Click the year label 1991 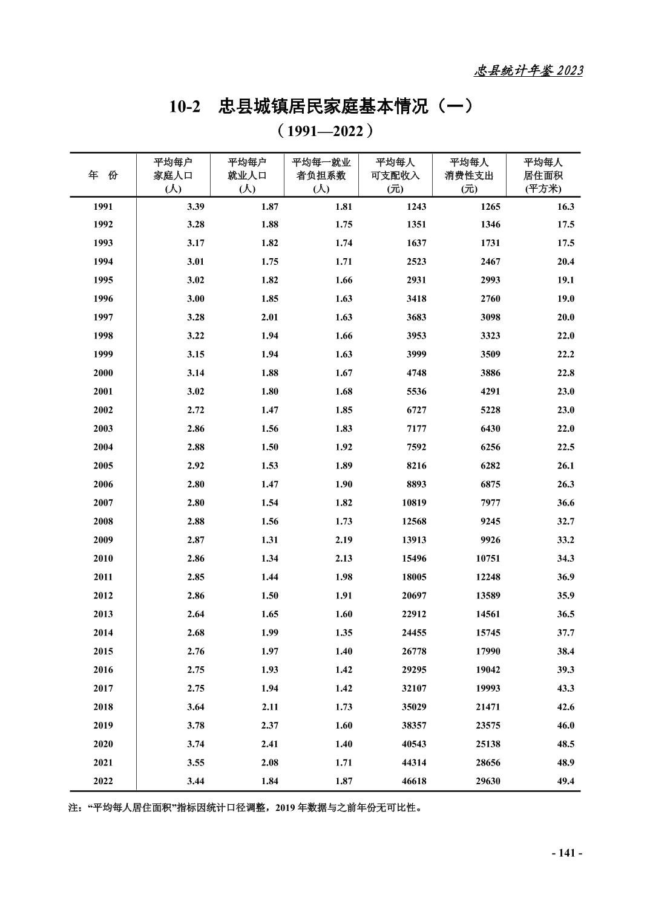[103, 206]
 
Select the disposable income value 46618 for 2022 [414, 781]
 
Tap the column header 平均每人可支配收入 [395, 175]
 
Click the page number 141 [566, 853]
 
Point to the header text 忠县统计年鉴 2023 [528, 71]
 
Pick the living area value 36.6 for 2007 [565, 502]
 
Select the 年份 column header [103, 175]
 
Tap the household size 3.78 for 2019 [195, 726]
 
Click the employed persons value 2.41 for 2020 [269, 744]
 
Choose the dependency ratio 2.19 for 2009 [343, 540]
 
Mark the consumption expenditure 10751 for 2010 [488, 558]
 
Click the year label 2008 [103, 521]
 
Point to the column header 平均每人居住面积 [543, 175]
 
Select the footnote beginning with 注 [245, 807]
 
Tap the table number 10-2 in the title [185, 107]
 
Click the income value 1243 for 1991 [416, 206]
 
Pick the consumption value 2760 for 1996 [490, 299]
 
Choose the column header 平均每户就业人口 [247, 175]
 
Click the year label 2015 [103, 651]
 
